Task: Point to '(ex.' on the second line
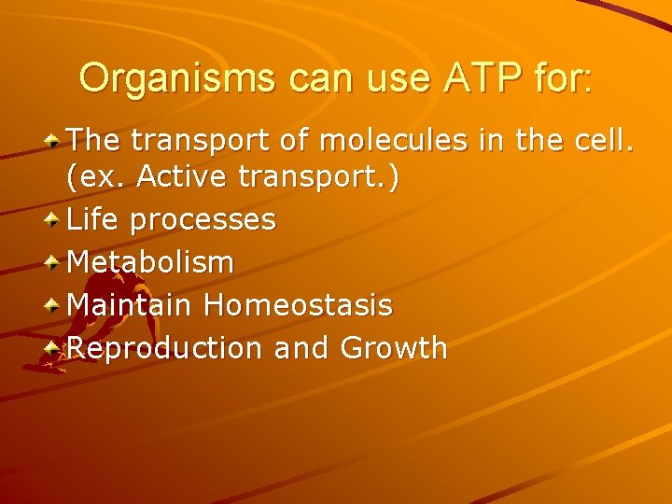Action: pyautogui.click(x=96, y=178)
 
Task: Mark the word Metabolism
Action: pyautogui.click(x=151, y=263)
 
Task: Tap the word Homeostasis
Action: pyautogui.click(x=299, y=305)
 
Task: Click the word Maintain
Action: pyautogui.click(x=131, y=305)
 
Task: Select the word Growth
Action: pyautogui.click(x=394, y=348)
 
